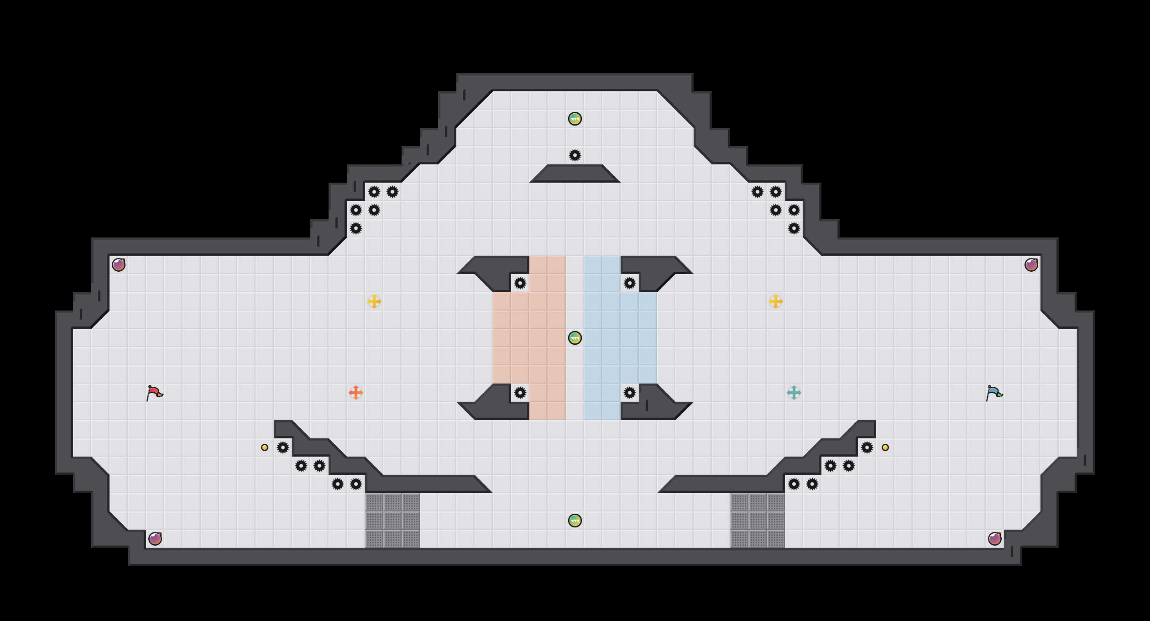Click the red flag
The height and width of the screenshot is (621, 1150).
click(x=154, y=393)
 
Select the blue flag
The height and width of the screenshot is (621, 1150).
click(x=994, y=393)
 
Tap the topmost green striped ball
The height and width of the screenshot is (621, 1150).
click(x=575, y=119)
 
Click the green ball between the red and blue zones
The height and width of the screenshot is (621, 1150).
click(x=575, y=338)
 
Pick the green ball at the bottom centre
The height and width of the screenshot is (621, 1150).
click(x=575, y=521)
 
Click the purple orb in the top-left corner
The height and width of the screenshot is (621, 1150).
click(x=119, y=265)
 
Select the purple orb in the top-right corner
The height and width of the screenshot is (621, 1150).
click(x=1031, y=265)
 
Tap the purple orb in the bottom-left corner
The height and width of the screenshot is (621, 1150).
click(x=155, y=539)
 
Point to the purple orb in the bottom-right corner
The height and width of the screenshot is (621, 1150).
click(x=995, y=539)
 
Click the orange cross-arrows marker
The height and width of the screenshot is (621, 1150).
click(x=356, y=393)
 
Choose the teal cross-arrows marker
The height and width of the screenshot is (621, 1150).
click(x=794, y=393)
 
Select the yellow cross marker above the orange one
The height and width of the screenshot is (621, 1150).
click(x=374, y=301)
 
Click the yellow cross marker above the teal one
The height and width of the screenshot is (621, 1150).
click(x=776, y=301)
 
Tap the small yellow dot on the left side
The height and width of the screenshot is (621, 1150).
click(x=265, y=447)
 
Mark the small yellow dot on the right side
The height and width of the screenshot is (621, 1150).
click(x=885, y=447)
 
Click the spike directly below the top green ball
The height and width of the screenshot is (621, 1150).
click(x=575, y=155)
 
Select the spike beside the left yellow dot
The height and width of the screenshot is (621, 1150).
click(x=283, y=447)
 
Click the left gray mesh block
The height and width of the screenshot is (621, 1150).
click(x=392, y=521)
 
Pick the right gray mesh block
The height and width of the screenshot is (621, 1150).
click(x=758, y=521)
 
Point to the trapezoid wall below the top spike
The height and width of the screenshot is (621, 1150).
click(x=575, y=174)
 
